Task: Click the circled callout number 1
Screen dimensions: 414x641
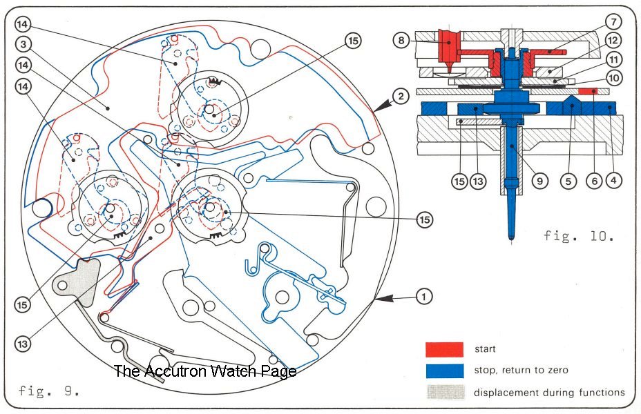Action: [423, 297]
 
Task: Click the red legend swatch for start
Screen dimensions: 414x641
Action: [444, 349]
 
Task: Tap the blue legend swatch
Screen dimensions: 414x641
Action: [444, 371]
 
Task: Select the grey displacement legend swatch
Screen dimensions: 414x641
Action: [444, 393]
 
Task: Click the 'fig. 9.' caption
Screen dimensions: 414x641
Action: [49, 391]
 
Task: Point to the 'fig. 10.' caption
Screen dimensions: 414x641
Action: [578, 236]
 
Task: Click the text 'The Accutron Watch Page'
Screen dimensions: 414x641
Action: [204, 371]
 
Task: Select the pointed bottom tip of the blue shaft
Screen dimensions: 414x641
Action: [510, 239]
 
